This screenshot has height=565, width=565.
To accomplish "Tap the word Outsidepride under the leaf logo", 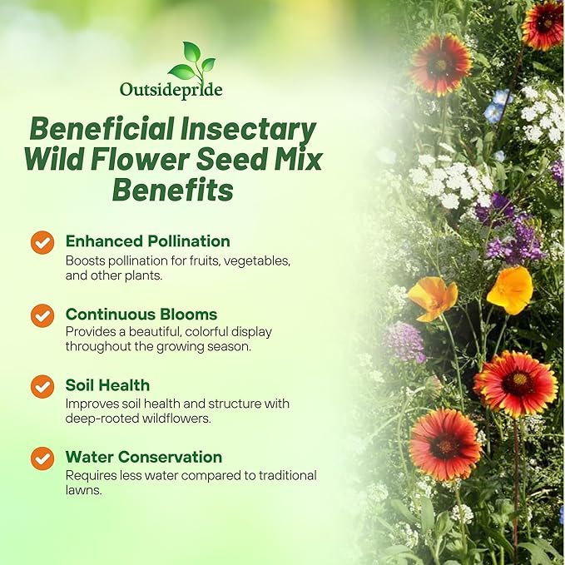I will [x=171, y=89].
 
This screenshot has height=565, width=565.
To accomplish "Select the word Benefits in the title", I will [x=172, y=190].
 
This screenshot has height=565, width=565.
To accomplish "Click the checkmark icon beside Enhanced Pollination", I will [x=42, y=242].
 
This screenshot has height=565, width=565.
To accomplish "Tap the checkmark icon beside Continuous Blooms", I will [x=42, y=315].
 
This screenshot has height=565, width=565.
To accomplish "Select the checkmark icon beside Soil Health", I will [x=42, y=387].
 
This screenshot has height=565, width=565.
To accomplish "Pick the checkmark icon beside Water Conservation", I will [x=42, y=458].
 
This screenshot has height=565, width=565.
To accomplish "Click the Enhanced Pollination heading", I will [x=147, y=241].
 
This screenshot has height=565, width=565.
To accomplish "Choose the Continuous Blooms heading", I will [x=141, y=315].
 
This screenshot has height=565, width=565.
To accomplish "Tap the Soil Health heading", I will [x=107, y=385].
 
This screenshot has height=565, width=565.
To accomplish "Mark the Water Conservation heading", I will [x=144, y=457].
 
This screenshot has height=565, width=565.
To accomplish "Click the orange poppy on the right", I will [x=509, y=290].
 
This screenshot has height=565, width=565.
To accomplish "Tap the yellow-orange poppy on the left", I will [x=433, y=296].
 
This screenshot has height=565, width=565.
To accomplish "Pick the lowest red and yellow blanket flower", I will [x=444, y=444].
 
